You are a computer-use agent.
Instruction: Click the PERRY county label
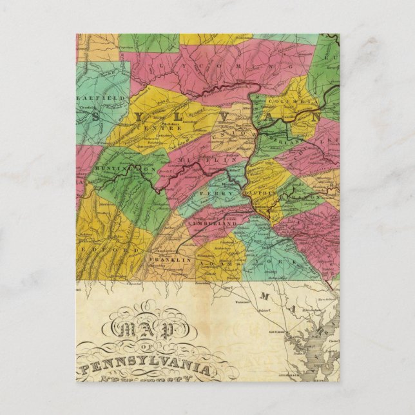pos(210,193)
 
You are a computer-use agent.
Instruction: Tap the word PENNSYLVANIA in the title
pos(146,369)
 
